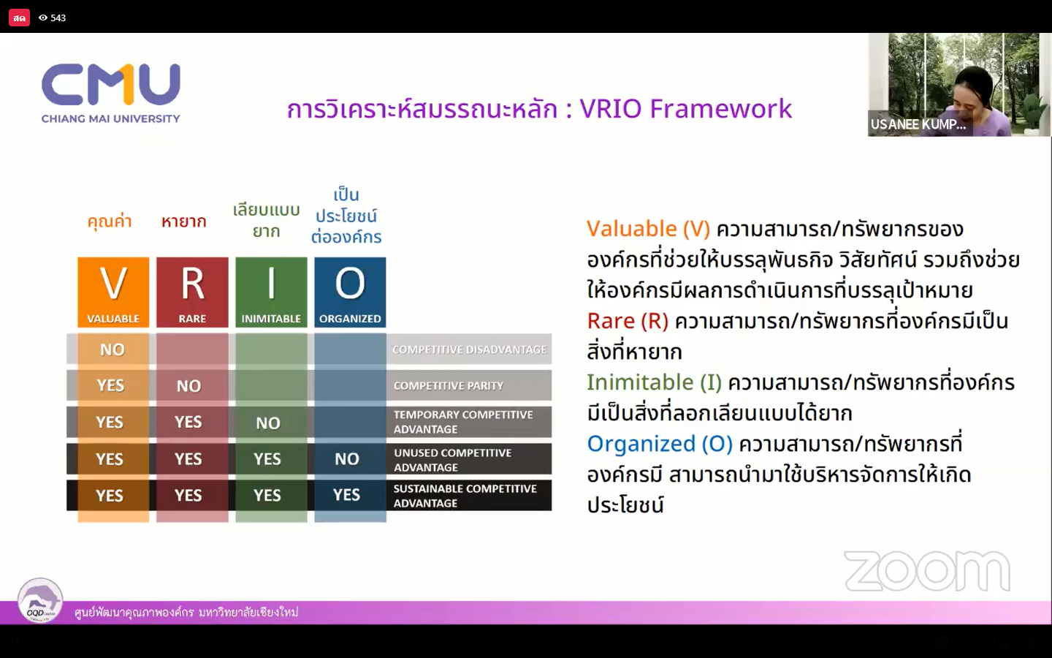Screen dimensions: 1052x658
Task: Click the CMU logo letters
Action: (x=111, y=85)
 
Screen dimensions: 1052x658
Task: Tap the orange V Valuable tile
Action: (x=113, y=292)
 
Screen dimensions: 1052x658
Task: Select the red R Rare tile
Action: (x=192, y=292)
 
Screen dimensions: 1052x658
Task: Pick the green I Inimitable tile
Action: (x=271, y=292)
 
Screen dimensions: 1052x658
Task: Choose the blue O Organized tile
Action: (x=350, y=292)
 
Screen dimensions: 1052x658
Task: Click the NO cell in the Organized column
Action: (x=347, y=458)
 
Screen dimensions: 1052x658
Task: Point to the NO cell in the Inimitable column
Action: (x=268, y=423)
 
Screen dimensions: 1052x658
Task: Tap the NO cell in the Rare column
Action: (x=188, y=386)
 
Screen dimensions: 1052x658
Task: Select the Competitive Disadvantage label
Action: (x=470, y=349)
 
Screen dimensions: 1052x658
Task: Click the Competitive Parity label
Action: (x=449, y=386)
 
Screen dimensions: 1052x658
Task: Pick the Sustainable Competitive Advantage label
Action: (x=465, y=496)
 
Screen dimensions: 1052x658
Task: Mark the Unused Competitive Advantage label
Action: (x=453, y=460)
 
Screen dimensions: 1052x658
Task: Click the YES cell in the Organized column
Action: (x=347, y=494)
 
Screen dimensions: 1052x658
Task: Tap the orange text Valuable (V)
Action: (x=648, y=229)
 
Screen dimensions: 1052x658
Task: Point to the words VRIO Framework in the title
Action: (x=686, y=108)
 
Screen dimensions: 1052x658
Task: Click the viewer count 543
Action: (x=58, y=18)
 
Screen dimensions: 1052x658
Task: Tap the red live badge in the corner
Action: (x=19, y=18)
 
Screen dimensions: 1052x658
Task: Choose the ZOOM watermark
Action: (x=927, y=571)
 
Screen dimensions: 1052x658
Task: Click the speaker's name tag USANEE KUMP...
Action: (x=918, y=124)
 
